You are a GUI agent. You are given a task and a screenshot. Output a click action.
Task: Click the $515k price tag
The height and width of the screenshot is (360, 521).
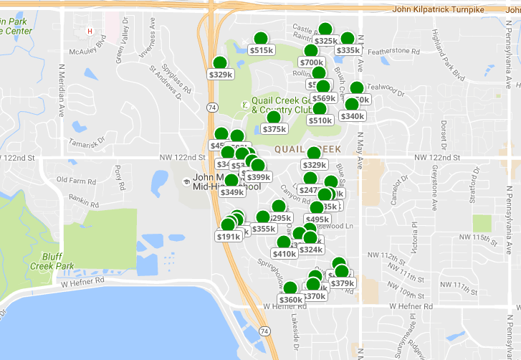[262, 50]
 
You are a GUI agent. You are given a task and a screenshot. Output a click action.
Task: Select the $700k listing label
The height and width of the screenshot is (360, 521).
[312, 62]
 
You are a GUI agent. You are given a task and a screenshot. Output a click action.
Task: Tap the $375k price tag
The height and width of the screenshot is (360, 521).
[274, 129]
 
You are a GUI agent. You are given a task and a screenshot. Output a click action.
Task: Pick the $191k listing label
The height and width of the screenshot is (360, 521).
[228, 237]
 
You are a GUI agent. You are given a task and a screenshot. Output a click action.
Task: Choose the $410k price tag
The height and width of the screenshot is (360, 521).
[285, 253]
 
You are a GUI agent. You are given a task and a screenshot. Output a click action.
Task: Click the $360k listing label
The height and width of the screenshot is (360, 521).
[291, 300]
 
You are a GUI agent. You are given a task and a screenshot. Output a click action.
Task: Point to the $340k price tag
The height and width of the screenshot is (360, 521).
[353, 116]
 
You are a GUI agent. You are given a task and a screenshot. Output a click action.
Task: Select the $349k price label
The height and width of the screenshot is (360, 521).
[232, 191]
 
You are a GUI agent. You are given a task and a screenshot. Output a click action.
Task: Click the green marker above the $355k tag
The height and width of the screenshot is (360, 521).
[263, 217]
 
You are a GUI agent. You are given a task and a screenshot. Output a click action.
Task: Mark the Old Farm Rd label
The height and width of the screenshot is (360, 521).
[76, 180]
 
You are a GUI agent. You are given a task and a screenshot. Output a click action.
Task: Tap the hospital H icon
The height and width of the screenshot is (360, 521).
[90, 31]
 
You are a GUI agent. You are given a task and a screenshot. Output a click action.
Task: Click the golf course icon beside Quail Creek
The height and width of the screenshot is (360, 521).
[245, 105]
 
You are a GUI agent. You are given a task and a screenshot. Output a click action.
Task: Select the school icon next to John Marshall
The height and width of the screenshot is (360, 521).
[186, 181]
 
